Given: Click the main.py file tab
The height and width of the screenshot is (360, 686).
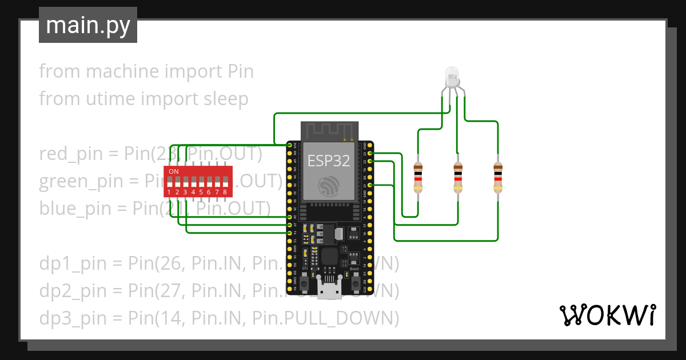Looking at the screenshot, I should (x=87, y=25).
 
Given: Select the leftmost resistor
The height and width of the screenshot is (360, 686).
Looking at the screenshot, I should (x=418, y=177).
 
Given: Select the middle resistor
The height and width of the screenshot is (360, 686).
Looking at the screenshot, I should (x=458, y=177).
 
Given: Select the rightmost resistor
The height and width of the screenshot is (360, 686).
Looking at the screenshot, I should (x=498, y=177).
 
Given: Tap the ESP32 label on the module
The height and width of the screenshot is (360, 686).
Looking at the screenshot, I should (x=328, y=161).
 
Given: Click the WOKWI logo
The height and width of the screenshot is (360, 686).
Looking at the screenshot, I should (x=607, y=315).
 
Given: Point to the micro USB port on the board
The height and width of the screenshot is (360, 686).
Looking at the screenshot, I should (x=329, y=291).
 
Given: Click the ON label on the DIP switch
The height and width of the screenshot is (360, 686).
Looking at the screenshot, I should (x=173, y=171).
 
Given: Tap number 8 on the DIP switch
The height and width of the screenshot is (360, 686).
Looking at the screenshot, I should (x=225, y=193).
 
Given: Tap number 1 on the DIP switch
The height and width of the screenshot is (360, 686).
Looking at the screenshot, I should (x=170, y=193).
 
